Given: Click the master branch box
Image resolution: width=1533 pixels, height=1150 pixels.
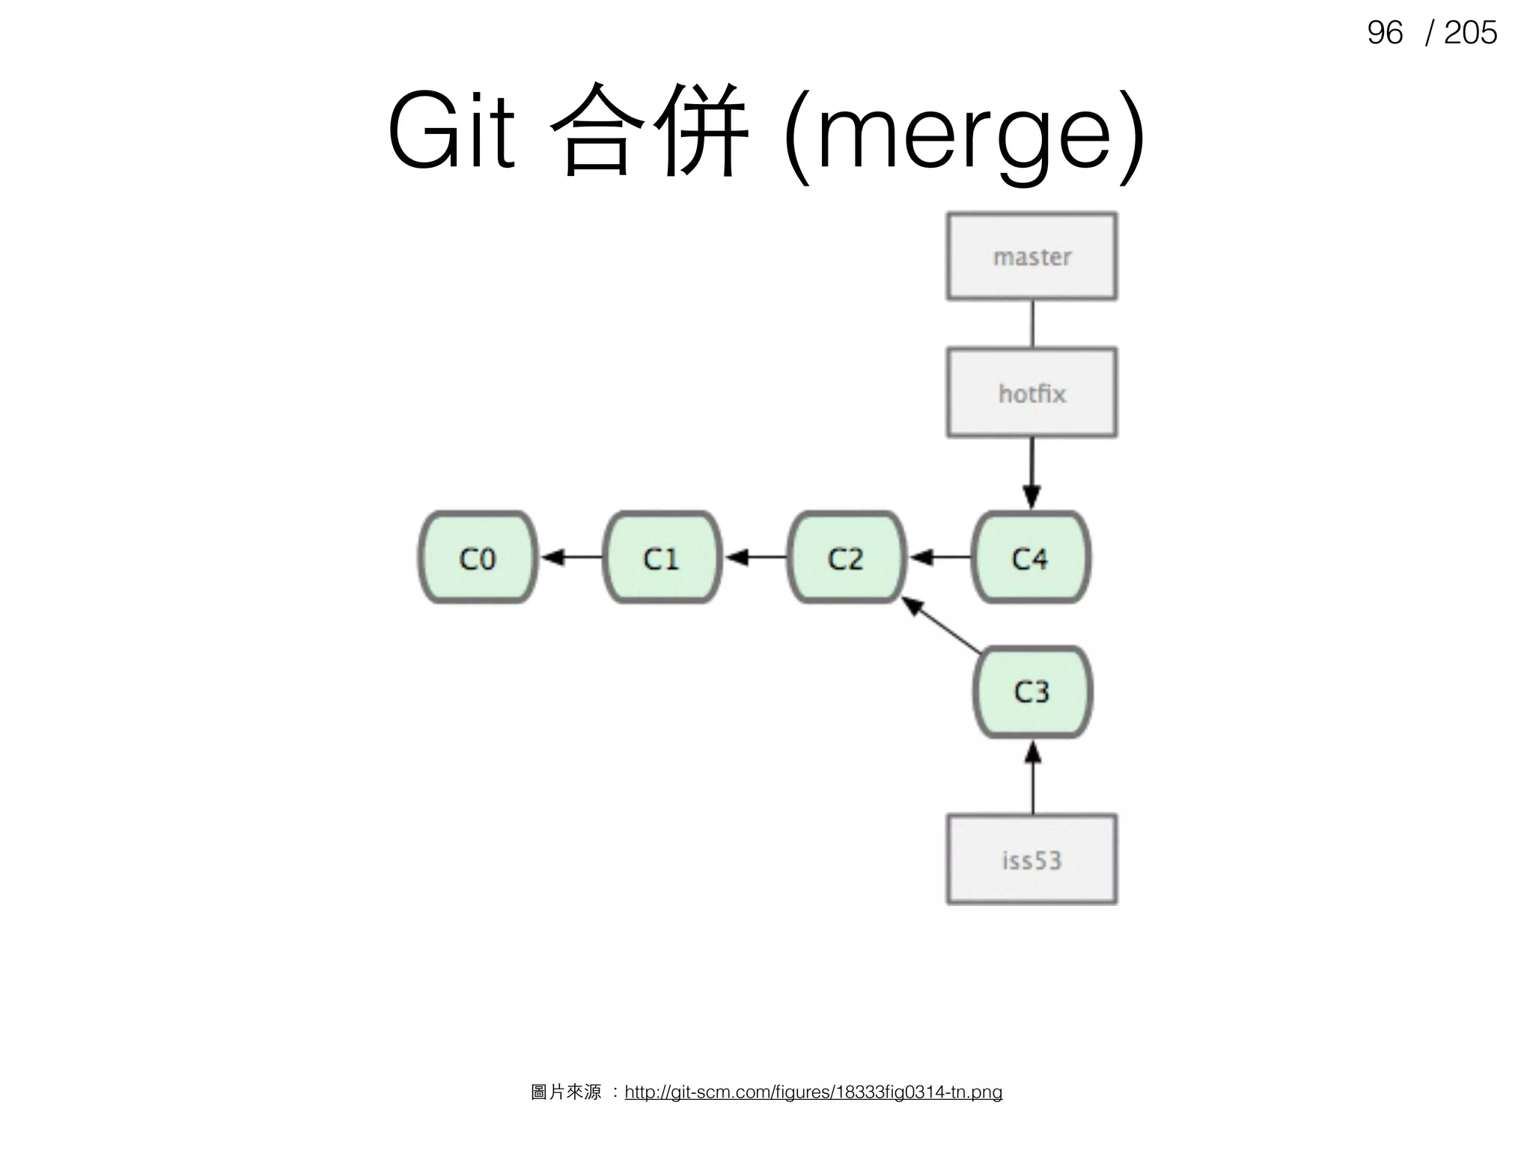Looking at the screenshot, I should (x=1031, y=257).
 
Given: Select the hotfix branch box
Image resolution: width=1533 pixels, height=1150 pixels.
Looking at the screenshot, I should (x=1031, y=392).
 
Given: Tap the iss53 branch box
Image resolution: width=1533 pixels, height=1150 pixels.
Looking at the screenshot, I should (x=1031, y=860).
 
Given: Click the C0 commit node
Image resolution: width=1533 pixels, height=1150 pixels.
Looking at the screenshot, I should (x=478, y=558).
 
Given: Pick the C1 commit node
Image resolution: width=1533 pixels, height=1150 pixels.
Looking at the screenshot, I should (x=662, y=558).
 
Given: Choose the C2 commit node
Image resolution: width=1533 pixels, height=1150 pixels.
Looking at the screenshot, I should (x=847, y=558).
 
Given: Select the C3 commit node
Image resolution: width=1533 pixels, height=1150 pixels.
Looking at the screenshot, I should (x=1032, y=692).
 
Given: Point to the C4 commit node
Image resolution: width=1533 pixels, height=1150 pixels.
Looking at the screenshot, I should (x=1031, y=558).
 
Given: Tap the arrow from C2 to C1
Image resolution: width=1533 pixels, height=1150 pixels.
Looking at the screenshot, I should (x=755, y=558).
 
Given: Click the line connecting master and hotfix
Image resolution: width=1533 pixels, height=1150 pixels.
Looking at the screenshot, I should (x=1032, y=323).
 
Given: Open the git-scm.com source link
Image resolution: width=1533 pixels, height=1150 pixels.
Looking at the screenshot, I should (x=813, y=1092).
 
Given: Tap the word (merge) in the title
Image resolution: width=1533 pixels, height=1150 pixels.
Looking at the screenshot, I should (x=962, y=135).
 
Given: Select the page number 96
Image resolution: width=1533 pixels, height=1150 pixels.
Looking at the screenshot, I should (x=1384, y=33).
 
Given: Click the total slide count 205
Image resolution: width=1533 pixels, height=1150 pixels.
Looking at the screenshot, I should (x=1470, y=33).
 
